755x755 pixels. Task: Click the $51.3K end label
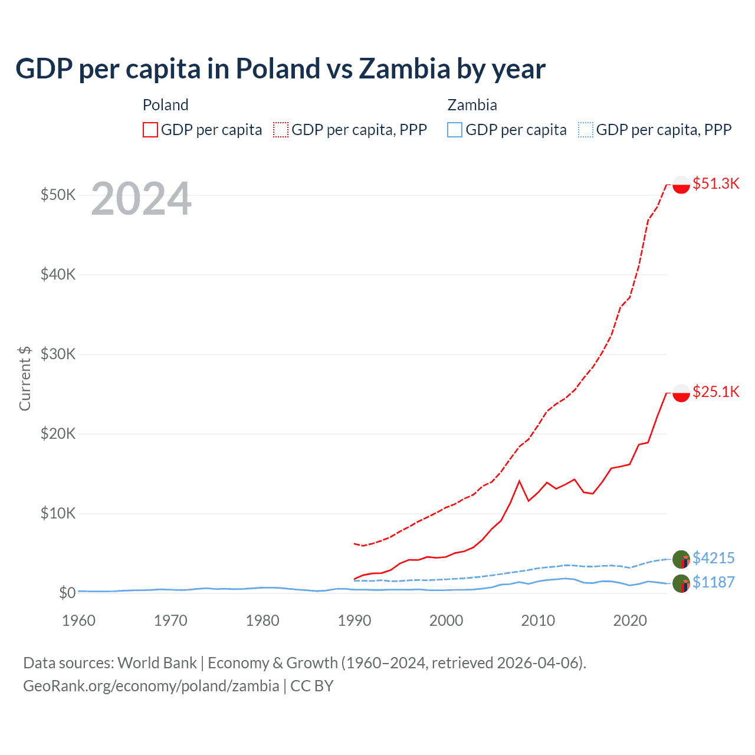715,183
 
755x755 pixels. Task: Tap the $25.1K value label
715,392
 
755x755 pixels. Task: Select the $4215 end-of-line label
713,558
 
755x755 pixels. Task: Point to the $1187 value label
713,582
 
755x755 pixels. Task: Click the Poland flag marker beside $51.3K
681,185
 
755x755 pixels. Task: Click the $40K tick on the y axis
58,274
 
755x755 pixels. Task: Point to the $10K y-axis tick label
58,513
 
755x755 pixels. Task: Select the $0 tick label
67,593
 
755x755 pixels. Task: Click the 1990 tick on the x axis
354,621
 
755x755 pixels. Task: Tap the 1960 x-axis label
78,621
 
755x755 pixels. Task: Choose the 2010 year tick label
538,621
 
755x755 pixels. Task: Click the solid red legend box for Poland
150,130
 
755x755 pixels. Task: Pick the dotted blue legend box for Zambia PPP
586,130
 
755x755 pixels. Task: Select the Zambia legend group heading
472,105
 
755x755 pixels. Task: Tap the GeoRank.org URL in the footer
151,686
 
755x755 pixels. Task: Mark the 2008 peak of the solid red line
519,481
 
